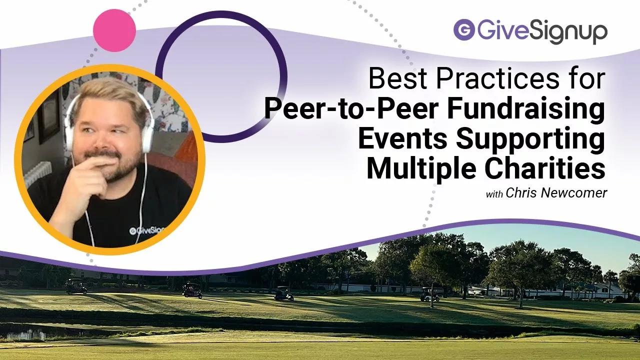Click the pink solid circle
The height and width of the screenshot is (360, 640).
coord(114,30)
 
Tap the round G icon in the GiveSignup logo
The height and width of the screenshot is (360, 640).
coord(464,29)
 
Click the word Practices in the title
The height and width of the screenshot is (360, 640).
coord(497,77)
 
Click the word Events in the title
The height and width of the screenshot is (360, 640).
coord(402,139)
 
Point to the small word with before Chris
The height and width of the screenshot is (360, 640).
coord(494,194)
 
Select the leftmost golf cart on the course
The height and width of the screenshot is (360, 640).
coord(76,286)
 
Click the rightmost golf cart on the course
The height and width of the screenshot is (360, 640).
coord(429,294)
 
